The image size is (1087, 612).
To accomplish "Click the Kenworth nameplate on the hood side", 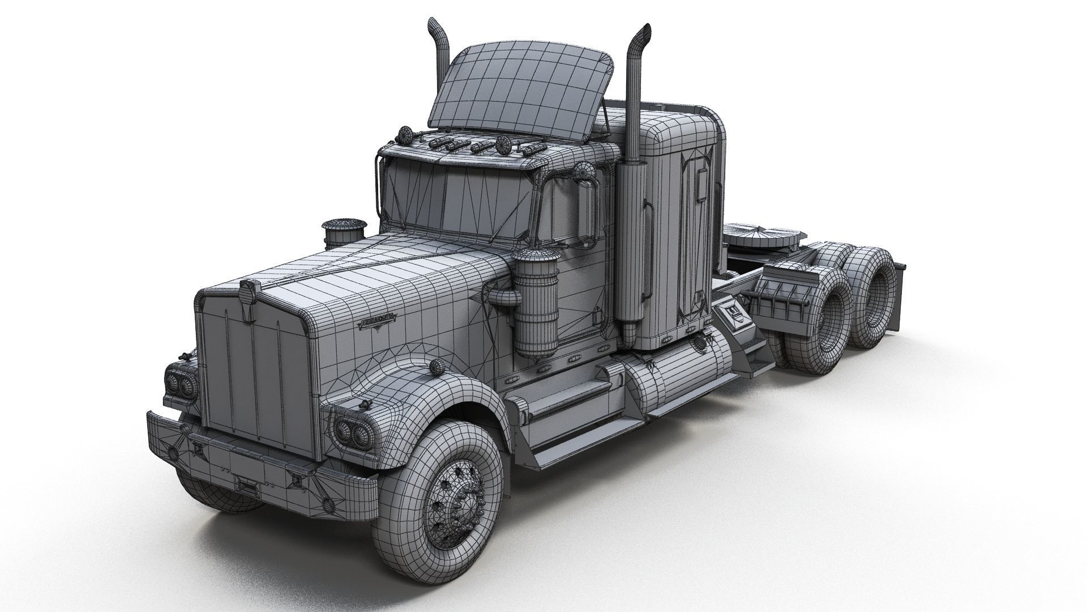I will click(378, 322).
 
